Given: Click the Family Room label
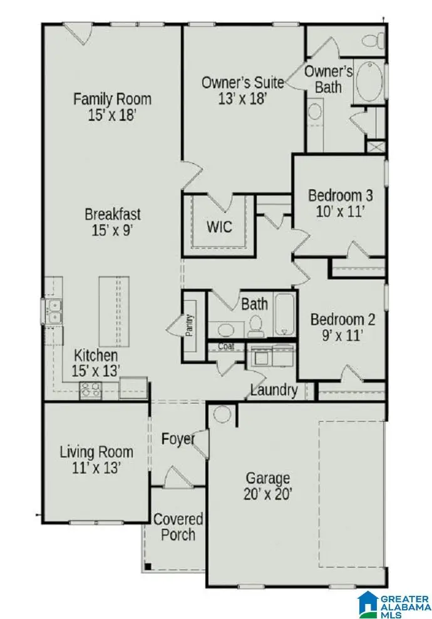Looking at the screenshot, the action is pos(113,99).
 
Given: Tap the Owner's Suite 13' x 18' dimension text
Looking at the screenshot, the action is pos(243,98).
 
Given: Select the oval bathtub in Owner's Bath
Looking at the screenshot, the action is pos(369,82).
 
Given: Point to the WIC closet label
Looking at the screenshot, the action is pos(219,227).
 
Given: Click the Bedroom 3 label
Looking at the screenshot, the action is pos(341,195).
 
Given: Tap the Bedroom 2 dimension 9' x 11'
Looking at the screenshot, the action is pos(342,336).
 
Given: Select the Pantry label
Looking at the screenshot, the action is pos(189,325).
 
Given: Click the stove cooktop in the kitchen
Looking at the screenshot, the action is pos(91,390).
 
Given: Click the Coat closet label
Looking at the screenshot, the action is pos(226,346).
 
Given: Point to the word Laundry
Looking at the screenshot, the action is pos(274,390).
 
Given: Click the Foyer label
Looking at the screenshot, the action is pos(178,439).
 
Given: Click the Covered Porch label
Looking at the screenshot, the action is pos(178,527).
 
